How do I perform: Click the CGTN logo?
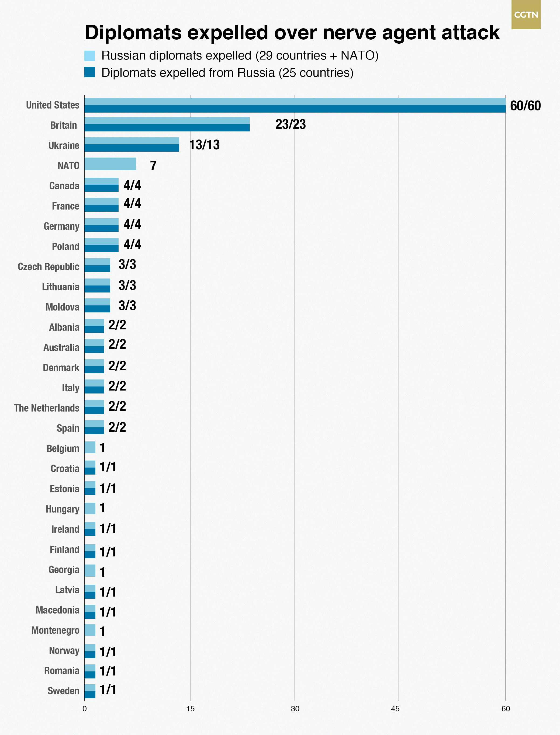tap(526, 15)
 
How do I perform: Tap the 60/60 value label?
tap(525, 106)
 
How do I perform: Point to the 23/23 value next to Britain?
tap(290, 124)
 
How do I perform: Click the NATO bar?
tap(110, 164)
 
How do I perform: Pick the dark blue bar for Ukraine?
tap(132, 148)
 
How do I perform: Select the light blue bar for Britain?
tap(167, 121)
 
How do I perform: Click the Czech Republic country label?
tap(48, 267)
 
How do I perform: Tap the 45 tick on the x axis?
tap(395, 709)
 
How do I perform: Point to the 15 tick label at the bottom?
tap(190, 709)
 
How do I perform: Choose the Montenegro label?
tap(55, 631)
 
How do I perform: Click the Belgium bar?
tap(90, 447)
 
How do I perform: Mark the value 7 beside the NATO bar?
tap(153, 165)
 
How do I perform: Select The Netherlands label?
tap(47, 408)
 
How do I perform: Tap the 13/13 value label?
tap(204, 145)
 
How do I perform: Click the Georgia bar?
tap(90, 570)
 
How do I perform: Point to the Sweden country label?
tap(63, 691)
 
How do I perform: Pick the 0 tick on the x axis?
tap(84, 709)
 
